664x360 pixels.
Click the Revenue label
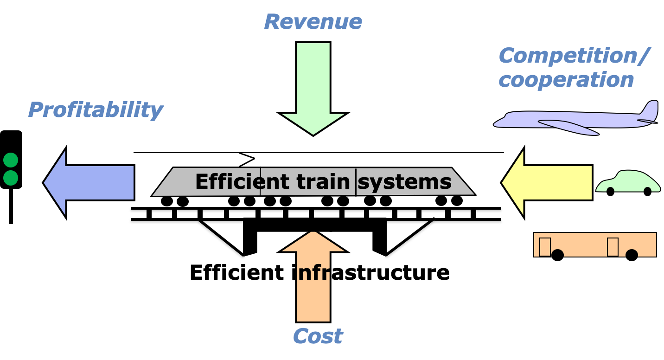[x=313, y=22]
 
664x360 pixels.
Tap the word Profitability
[x=96, y=110]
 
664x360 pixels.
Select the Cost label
[x=318, y=336]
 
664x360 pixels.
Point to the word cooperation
[x=566, y=80]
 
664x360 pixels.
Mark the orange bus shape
[x=595, y=244]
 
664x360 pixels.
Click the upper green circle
[x=11, y=160]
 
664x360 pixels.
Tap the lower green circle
[x=11, y=178]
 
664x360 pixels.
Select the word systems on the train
[x=405, y=182]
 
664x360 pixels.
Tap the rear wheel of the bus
[x=632, y=253]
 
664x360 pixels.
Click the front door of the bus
[x=545, y=246]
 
